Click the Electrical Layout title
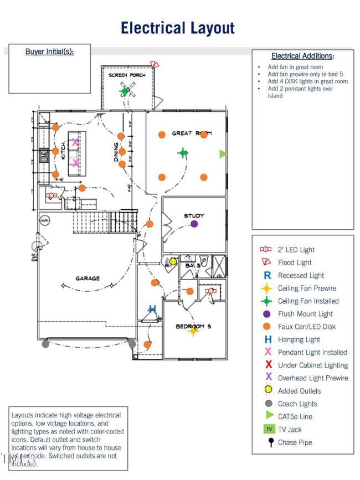[x=178, y=28]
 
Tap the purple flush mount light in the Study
[x=194, y=224]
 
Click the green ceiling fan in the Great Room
[x=183, y=153]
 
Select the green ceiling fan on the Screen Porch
[x=125, y=91]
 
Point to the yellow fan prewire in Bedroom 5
[x=193, y=331]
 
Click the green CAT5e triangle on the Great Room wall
[x=223, y=154]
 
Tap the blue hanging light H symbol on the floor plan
[x=152, y=309]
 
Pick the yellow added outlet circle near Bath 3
[x=173, y=261]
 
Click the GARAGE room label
[x=88, y=278]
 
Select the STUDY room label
[x=194, y=216]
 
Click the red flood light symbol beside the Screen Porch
[x=155, y=65]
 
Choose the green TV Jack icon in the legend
[x=268, y=430]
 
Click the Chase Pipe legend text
[x=295, y=442]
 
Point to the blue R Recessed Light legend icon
[x=268, y=275]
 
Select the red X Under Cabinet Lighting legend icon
[x=268, y=365]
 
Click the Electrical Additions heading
[x=302, y=56]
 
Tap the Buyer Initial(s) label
[x=49, y=51]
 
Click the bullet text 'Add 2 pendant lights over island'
[x=300, y=92]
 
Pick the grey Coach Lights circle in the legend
[x=268, y=404]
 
